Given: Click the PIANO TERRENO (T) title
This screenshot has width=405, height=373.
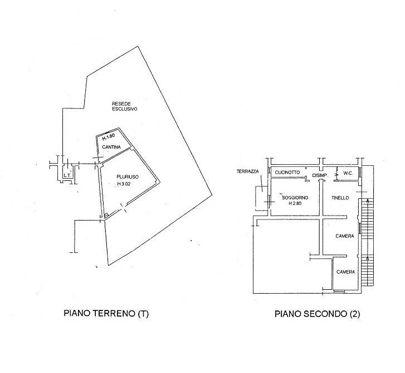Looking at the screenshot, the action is click(x=106, y=313).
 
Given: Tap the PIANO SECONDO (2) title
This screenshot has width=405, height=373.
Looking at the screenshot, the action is click(x=317, y=314).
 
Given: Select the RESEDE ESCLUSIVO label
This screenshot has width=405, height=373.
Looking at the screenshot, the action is click(x=124, y=107).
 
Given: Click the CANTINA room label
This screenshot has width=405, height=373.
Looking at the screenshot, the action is click(x=111, y=147).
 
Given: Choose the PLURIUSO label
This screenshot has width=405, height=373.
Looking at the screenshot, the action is click(x=128, y=177).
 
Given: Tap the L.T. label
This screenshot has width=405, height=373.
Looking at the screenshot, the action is click(x=67, y=175).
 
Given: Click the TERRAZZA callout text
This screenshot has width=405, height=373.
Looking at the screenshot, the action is click(x=247, y=171).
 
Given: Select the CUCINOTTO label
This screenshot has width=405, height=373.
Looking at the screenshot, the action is click(x=287, y=172).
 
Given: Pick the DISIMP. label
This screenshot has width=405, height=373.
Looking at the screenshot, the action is click(x=320, y=175).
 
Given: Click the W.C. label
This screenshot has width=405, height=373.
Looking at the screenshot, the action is click(x=348, y=173).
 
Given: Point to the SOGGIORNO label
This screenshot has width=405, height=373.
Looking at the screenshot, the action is click(x=295, y=198).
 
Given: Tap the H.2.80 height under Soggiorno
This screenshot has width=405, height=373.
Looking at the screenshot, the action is click(x=295, y=203).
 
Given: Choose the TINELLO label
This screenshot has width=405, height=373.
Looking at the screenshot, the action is click(x=340, y=198).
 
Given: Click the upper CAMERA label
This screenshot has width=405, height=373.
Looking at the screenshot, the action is click(x=345, y=236).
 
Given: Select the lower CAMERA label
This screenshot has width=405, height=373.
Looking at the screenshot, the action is click(x=345, y=272).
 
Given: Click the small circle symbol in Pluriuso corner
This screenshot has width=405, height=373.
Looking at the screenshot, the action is click(x=106, y=215).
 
